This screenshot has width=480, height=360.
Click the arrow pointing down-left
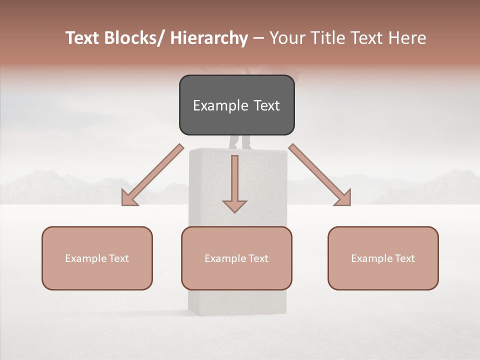point(152,175)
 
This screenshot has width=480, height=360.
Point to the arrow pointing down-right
point(320,175)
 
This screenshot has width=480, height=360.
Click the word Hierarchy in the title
point(209,38)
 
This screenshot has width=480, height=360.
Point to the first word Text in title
point(83,38)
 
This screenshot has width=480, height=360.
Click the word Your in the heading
point(286,38)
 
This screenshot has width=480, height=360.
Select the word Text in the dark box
point(265,105)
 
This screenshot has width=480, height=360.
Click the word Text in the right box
point(404,258)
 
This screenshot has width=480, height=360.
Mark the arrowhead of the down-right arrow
point(343,198)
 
